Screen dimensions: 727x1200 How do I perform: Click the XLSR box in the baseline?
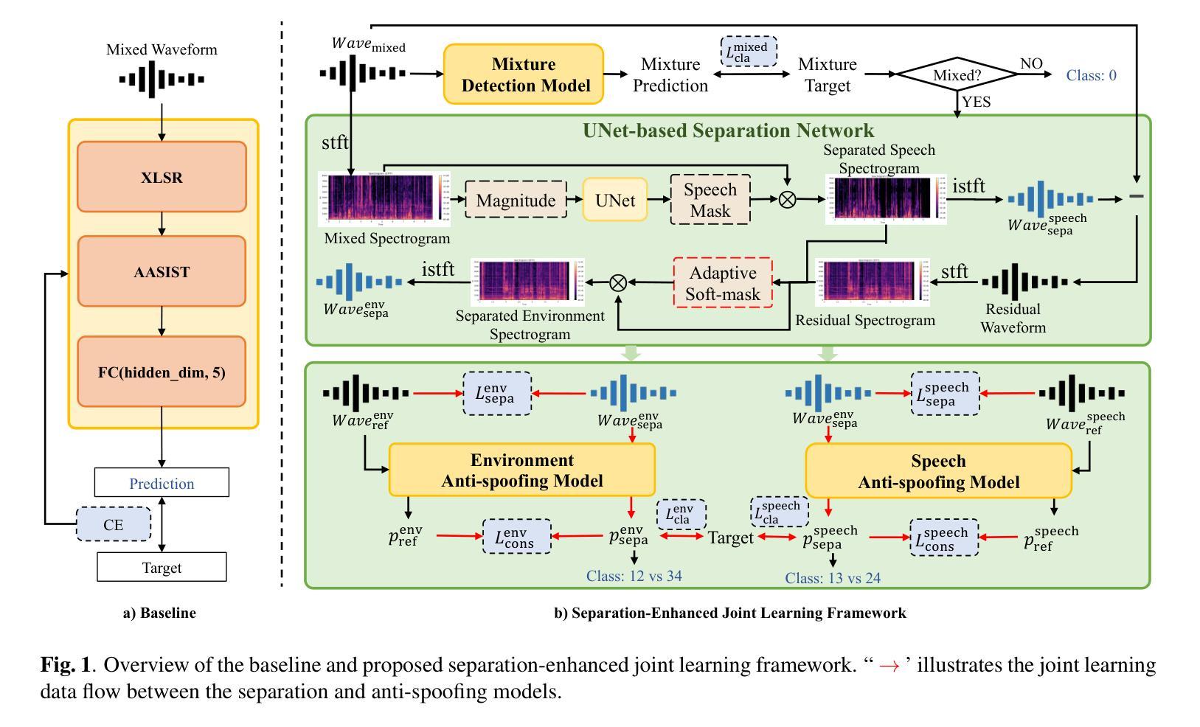[x=162, y=177]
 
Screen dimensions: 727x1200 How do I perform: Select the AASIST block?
[x=162, y=271]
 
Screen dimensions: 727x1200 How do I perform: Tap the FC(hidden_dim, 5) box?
[x=162, y=372]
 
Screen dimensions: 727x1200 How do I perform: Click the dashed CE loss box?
[x=114, y=524]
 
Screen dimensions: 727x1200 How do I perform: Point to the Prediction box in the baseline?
[x=162, y=483]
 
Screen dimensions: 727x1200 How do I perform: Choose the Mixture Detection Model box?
[x=524, y=74]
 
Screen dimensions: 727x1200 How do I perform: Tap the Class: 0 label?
[x=1092, y=75]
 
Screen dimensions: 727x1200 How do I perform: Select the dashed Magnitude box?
[x=516, y=199]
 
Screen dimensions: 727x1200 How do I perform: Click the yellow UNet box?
[x=615, y=199]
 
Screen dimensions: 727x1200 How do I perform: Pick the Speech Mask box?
[x=710, y=199]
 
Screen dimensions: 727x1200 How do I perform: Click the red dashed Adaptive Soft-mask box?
[x=723, y=282]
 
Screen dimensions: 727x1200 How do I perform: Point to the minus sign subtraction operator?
[x=1137, y=196]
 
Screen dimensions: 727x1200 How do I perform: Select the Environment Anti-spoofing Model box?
[x=522, y=470]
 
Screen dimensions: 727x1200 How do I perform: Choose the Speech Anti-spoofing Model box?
[x=938, y=471]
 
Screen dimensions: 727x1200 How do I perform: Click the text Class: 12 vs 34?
[x=634, y=575]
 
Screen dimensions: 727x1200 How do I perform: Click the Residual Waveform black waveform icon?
[x=1024, y=282]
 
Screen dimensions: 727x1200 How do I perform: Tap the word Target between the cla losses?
[x=730, y=538]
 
